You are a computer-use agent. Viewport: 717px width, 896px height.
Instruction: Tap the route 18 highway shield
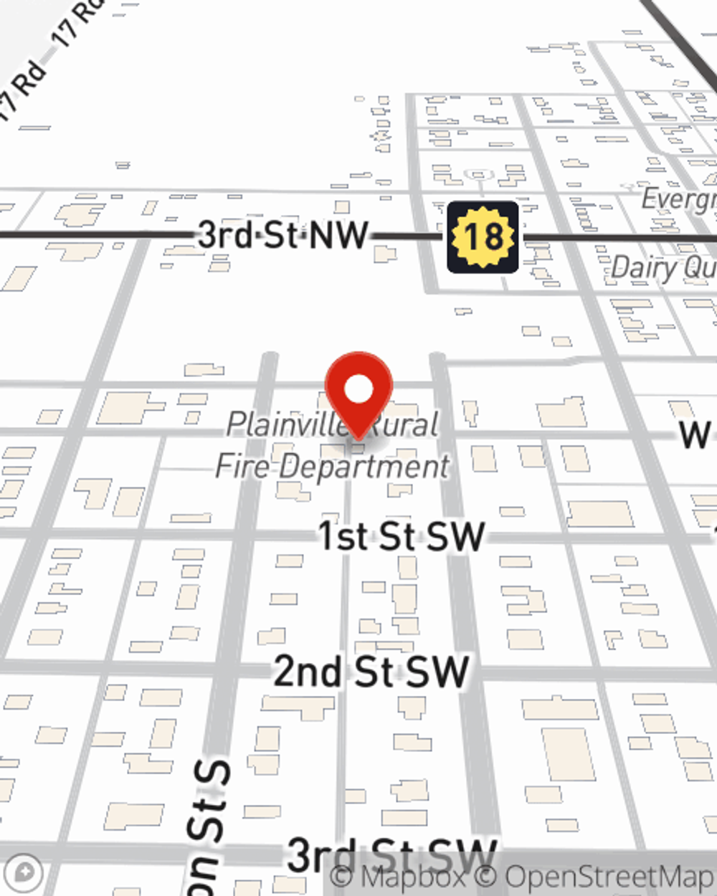483,237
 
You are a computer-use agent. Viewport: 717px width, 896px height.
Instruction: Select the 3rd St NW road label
283,234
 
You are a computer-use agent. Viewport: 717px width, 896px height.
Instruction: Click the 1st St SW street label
402,536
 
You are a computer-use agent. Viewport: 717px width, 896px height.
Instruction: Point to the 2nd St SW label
371,672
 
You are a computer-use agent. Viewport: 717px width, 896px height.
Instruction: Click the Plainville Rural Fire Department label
333,445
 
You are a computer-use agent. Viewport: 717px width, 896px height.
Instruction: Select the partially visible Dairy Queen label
663,268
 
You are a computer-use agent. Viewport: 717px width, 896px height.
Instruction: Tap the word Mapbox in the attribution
412,877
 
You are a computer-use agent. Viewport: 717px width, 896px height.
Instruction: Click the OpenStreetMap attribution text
609,877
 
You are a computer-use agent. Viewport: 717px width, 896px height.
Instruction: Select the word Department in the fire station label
364,467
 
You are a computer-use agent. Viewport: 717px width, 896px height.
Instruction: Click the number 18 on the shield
483,237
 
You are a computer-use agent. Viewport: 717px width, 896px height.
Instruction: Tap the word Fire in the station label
242,466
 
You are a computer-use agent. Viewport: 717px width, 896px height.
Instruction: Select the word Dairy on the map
643,268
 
